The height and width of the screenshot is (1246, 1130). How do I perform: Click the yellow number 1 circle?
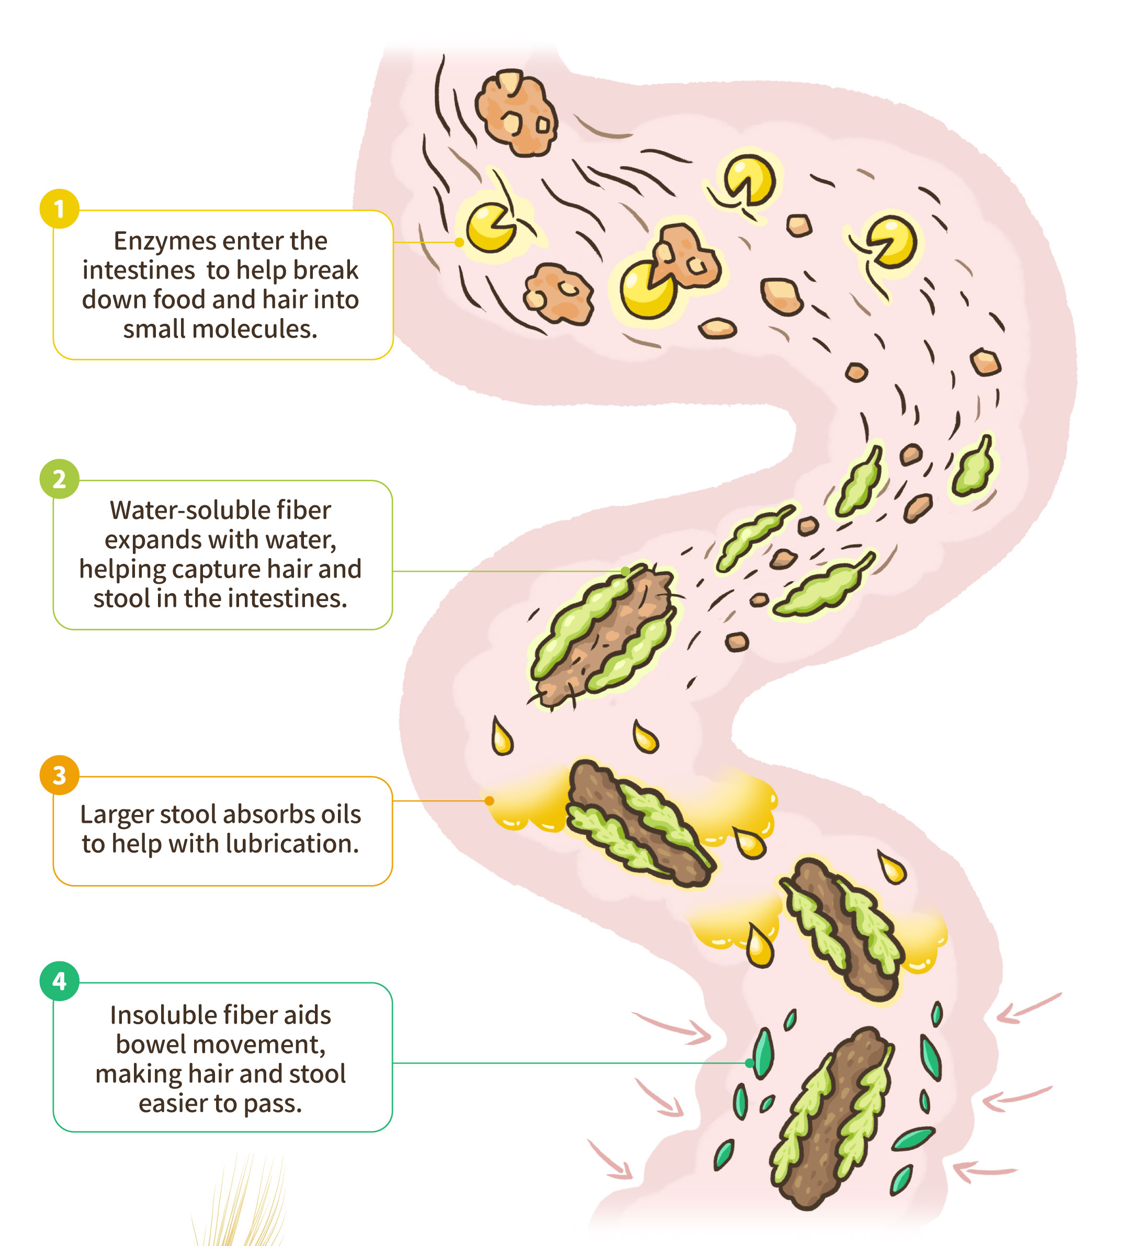pyautogui.click(x=59, y=209)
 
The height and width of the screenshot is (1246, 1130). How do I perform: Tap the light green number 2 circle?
pyautogui.click(x=59, y=479)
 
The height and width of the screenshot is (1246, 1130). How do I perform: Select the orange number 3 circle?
pyautogui.click(x=59, y=775)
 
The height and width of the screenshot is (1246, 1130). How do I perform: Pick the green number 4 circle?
pyautogui.click(x=59, y=981)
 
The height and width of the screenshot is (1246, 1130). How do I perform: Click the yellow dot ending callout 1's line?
pyautogui.click(x=459, y=242)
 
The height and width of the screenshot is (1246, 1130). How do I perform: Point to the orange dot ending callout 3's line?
pyautogui.click(x=489, y=801)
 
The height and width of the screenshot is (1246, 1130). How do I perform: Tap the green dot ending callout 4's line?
pyautogui.click(x=750, y=1063)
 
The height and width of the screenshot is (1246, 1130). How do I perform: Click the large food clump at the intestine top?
pyautogui.click(x=517, y=112)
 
